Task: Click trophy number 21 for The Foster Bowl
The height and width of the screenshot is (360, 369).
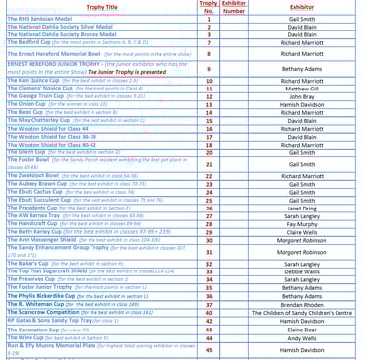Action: coord(209,163)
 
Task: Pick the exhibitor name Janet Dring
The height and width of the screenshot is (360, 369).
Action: coord(302,208)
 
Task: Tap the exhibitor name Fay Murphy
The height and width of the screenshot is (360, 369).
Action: coord(302,223)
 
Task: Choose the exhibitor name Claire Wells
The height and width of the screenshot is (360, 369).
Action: coord(302,231)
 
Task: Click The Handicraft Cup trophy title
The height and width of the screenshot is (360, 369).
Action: coord(35,223)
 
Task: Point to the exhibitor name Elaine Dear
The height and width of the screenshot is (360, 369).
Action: coord(302,330)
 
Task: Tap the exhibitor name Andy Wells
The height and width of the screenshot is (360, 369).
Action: coord(302,337)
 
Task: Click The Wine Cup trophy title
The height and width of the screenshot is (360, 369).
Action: coord(25,337)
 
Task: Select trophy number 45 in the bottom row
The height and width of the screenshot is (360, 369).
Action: coord(209,349)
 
